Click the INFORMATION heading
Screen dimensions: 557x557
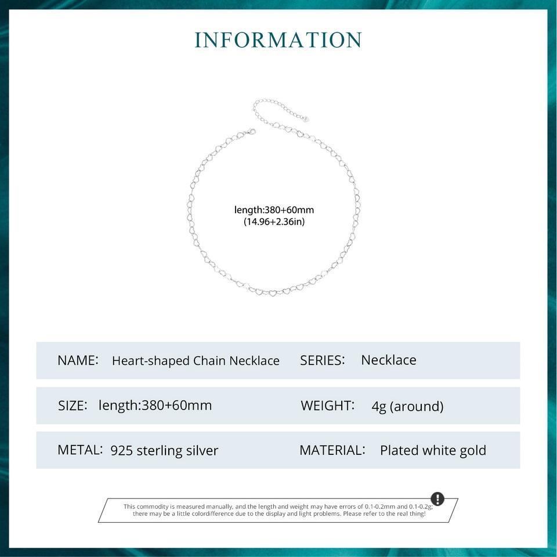278,40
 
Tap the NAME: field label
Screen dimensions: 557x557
78,360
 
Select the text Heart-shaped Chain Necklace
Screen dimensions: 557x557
196,361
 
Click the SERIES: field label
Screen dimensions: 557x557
322,360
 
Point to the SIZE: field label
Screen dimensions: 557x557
73,406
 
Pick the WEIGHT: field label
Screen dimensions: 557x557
327,406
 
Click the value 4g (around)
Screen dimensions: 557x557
407,406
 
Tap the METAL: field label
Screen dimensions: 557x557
80,450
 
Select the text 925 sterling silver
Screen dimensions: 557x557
164,451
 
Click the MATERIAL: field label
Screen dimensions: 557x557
332,450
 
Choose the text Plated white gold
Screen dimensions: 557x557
433,451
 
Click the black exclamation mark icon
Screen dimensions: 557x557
437,499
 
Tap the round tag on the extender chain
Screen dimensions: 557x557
305,118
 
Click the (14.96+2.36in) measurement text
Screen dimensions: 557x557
274,222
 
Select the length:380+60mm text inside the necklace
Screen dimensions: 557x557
274,210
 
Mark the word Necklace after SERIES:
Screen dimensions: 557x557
389,360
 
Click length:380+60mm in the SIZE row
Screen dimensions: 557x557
155,406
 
